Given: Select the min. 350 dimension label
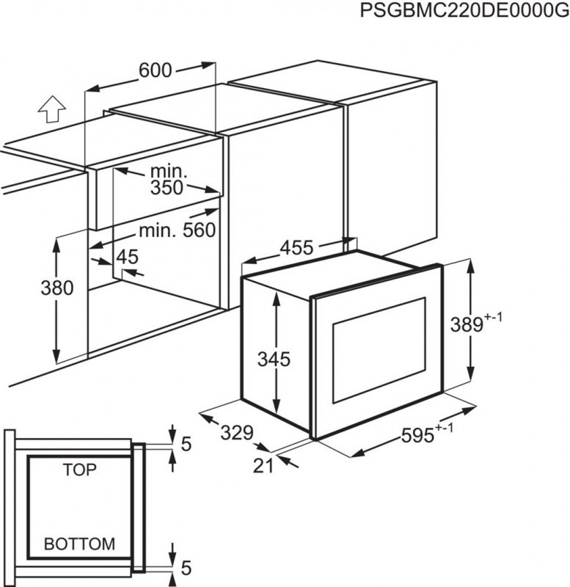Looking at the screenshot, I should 168,181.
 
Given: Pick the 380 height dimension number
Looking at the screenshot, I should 57,288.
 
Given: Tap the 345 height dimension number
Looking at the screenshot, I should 274,360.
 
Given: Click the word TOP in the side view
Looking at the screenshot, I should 79,470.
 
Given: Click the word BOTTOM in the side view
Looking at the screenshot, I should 79,544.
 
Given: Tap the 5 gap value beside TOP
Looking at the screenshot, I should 186,444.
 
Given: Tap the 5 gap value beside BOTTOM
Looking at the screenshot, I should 186,567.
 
